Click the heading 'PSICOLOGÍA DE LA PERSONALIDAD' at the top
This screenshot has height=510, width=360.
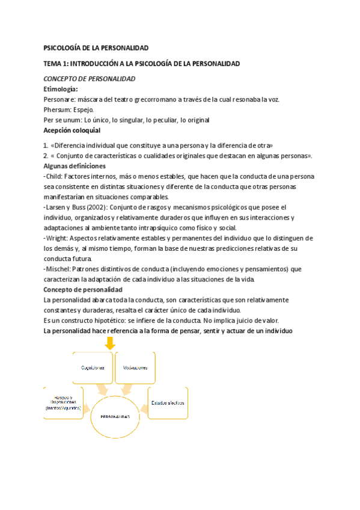click(96, 48)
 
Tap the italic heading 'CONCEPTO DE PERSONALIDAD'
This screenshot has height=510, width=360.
click(90, 79)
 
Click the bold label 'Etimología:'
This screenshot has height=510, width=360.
click(61, 89)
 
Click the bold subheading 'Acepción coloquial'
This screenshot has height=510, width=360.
click(72, 130)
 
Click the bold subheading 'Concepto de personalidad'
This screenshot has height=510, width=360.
click(83, 289)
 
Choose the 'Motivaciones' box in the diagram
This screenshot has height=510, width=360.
click(135, 367)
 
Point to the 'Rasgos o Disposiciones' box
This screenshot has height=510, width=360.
click(63, 403)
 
